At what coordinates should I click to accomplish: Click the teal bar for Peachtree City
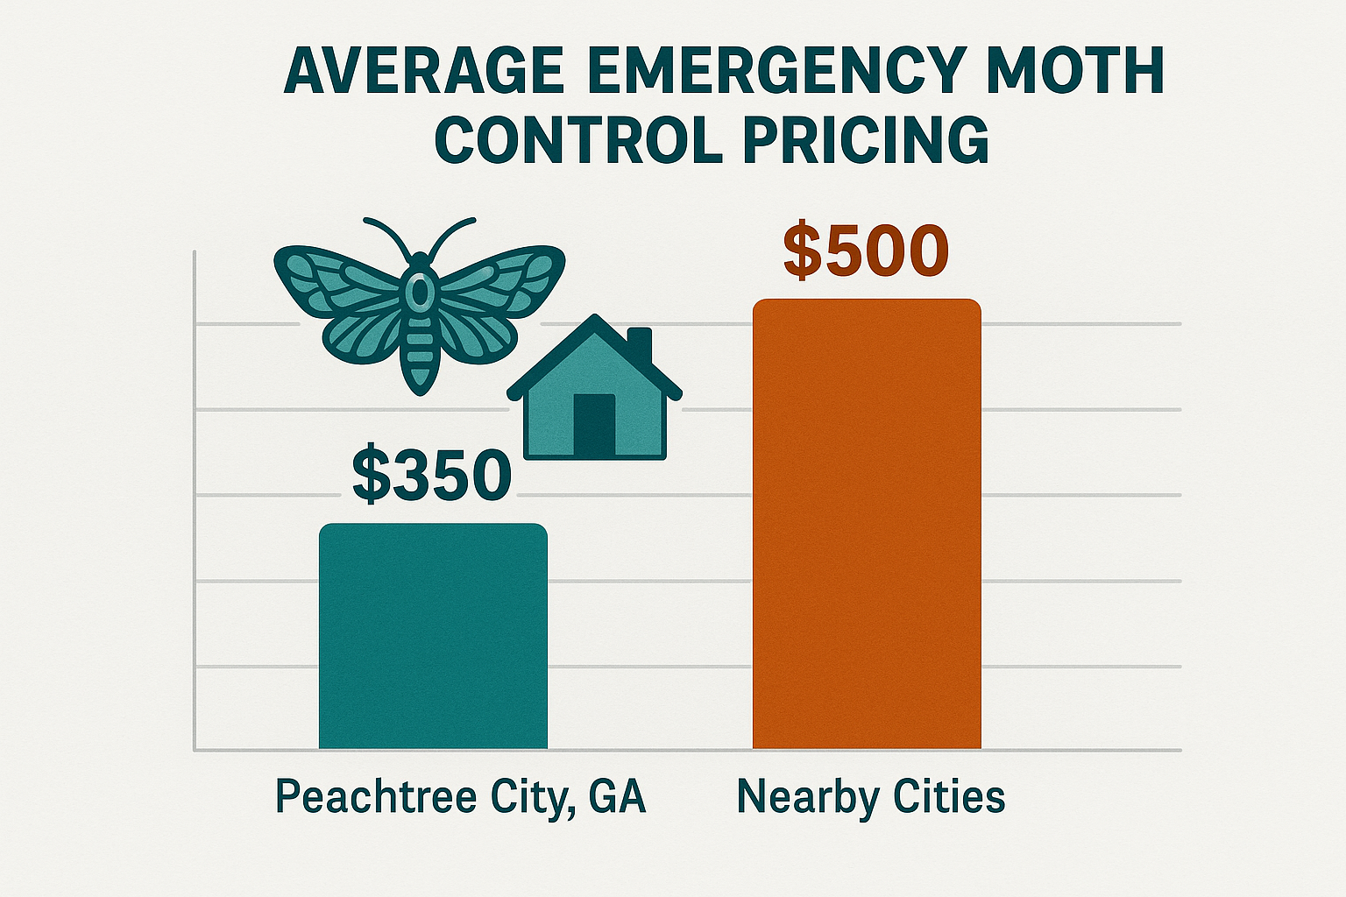pyautogui.click(x=433, y=637)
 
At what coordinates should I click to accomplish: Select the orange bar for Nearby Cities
pyautogui.click(x=867, y=526)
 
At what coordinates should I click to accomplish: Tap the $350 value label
pyautogui.click(x=431, y=477)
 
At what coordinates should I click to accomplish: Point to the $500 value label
pyautogui.click(x=866, y=251)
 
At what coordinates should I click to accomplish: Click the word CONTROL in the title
pyautogui.click(x=578, y=139)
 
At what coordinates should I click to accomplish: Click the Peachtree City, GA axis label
pyautogui.click(x=460, y=797)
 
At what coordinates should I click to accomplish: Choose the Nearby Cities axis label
pyautogui.click(x=871, y=797)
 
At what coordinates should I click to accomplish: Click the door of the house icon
pyautogui.click(x=594, y=425)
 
